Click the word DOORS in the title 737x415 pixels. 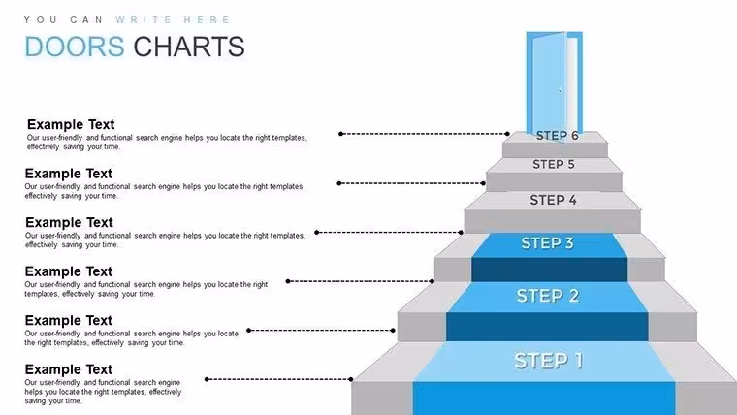tap(75, 47)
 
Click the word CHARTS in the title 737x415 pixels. tap(189, 47)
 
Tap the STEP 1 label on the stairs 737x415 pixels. tap(548, 361)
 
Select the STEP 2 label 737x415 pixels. tap(548, 296)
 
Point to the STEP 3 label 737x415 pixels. tap(547, 243)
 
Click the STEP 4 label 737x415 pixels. tap(553, 200)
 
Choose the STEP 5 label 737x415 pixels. tap(553, 164)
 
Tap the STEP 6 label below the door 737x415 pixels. tap(557, 136)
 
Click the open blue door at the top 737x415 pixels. tap(554, 84)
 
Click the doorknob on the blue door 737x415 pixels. tap(560, 89)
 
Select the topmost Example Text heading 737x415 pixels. tap(71, 124)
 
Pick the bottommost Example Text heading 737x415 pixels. tap(69, 369)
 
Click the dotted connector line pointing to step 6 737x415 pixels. tap(424, 134)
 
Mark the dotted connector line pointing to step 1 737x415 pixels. tap(278, 379)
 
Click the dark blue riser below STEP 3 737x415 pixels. tap(550, 270)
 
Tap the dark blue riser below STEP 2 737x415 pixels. tap(547, 327)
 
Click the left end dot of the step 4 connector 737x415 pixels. tap(317, 232)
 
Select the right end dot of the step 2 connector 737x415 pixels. tap(393, 331)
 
